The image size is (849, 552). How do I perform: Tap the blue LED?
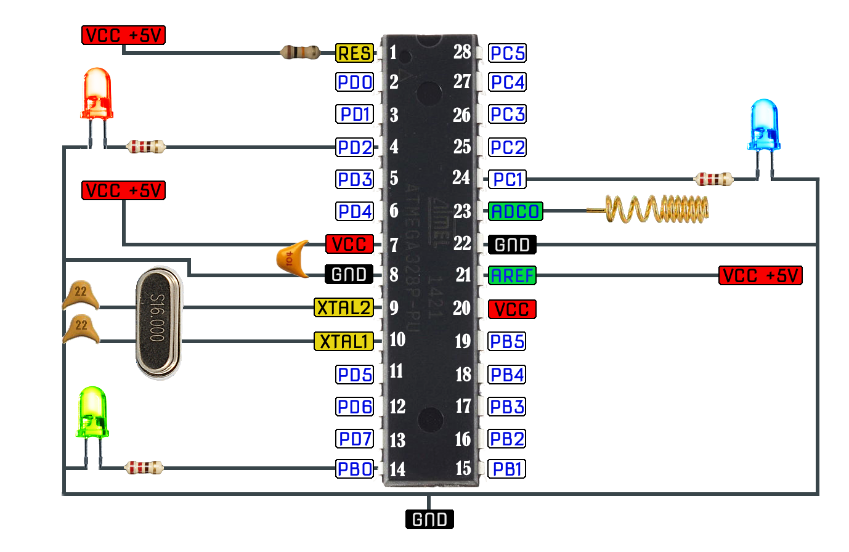tap(764, 125)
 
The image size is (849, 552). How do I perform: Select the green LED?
tap(93, 412)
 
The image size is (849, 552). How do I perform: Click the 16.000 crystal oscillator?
tap(158, 323)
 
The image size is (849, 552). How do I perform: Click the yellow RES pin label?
tap(354, 53)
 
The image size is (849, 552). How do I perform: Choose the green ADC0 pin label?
tap(515, 212)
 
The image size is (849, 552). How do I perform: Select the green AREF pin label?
tap(512, 275)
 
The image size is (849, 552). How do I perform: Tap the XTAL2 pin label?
tap(344, 307)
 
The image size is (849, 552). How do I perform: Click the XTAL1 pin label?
tap(344, 341)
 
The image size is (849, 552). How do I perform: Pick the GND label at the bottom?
tap(429, 519)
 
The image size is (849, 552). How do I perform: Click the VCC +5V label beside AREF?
tap(760, 275)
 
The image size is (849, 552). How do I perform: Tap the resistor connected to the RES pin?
tap(300, 52)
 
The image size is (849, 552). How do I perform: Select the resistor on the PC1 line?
tap(713, 179)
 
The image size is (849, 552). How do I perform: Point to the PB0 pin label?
tap(354, 469)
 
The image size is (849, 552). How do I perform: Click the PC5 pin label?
tap(507, 53)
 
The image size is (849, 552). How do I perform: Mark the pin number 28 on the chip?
tap(462, 52)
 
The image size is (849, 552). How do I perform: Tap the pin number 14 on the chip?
tap(397, 469)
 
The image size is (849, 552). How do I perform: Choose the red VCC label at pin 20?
tap(512, 309)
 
